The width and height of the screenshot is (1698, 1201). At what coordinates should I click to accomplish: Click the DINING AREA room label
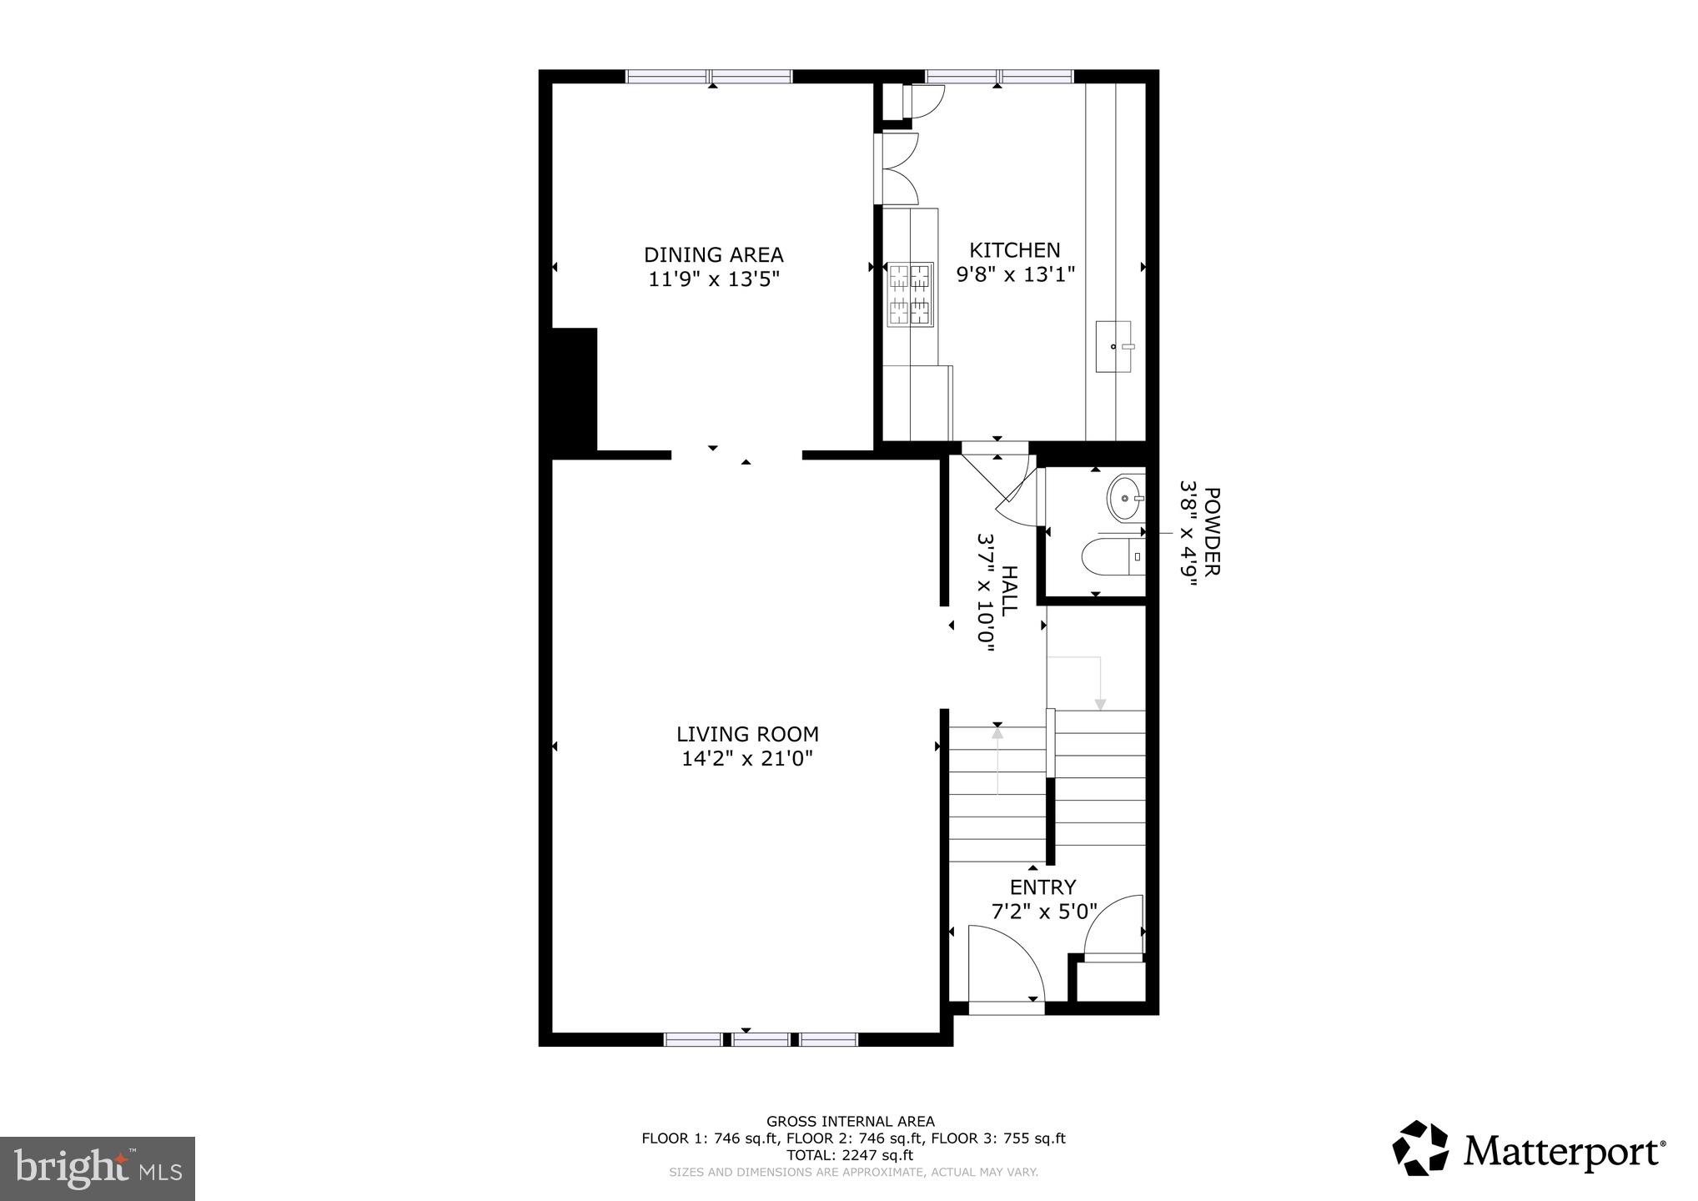pos(713,254)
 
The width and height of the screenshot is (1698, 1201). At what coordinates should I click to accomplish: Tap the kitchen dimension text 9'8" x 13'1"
pos(1015,274)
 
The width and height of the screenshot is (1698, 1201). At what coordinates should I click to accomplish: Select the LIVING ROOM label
pos(747,734)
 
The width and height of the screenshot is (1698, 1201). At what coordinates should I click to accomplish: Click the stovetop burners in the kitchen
pos(910,294)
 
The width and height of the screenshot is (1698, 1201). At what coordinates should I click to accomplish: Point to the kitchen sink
pos(1113,345)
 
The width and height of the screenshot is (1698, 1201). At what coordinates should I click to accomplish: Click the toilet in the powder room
pos(1105,557)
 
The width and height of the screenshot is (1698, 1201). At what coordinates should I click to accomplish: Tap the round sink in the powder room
pos(1125,499)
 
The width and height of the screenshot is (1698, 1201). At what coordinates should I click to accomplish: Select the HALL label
pos(1008,590)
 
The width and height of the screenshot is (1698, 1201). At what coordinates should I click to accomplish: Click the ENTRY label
pos(1042,887)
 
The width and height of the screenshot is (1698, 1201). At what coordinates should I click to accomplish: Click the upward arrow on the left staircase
pos(997,734)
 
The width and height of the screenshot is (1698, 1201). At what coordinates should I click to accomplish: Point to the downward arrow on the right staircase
pos(1100,703)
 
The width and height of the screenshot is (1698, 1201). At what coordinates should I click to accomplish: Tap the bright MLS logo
pos(97,1168)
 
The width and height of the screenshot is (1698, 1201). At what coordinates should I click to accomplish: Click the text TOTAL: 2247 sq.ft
pos(850,1155)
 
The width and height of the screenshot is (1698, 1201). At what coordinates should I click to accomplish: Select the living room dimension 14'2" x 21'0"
pos(747,759)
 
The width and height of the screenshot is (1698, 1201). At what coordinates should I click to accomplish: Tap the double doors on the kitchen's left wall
pos(897,169)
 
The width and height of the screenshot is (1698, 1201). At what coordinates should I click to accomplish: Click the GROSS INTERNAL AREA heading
pos(850,1122)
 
